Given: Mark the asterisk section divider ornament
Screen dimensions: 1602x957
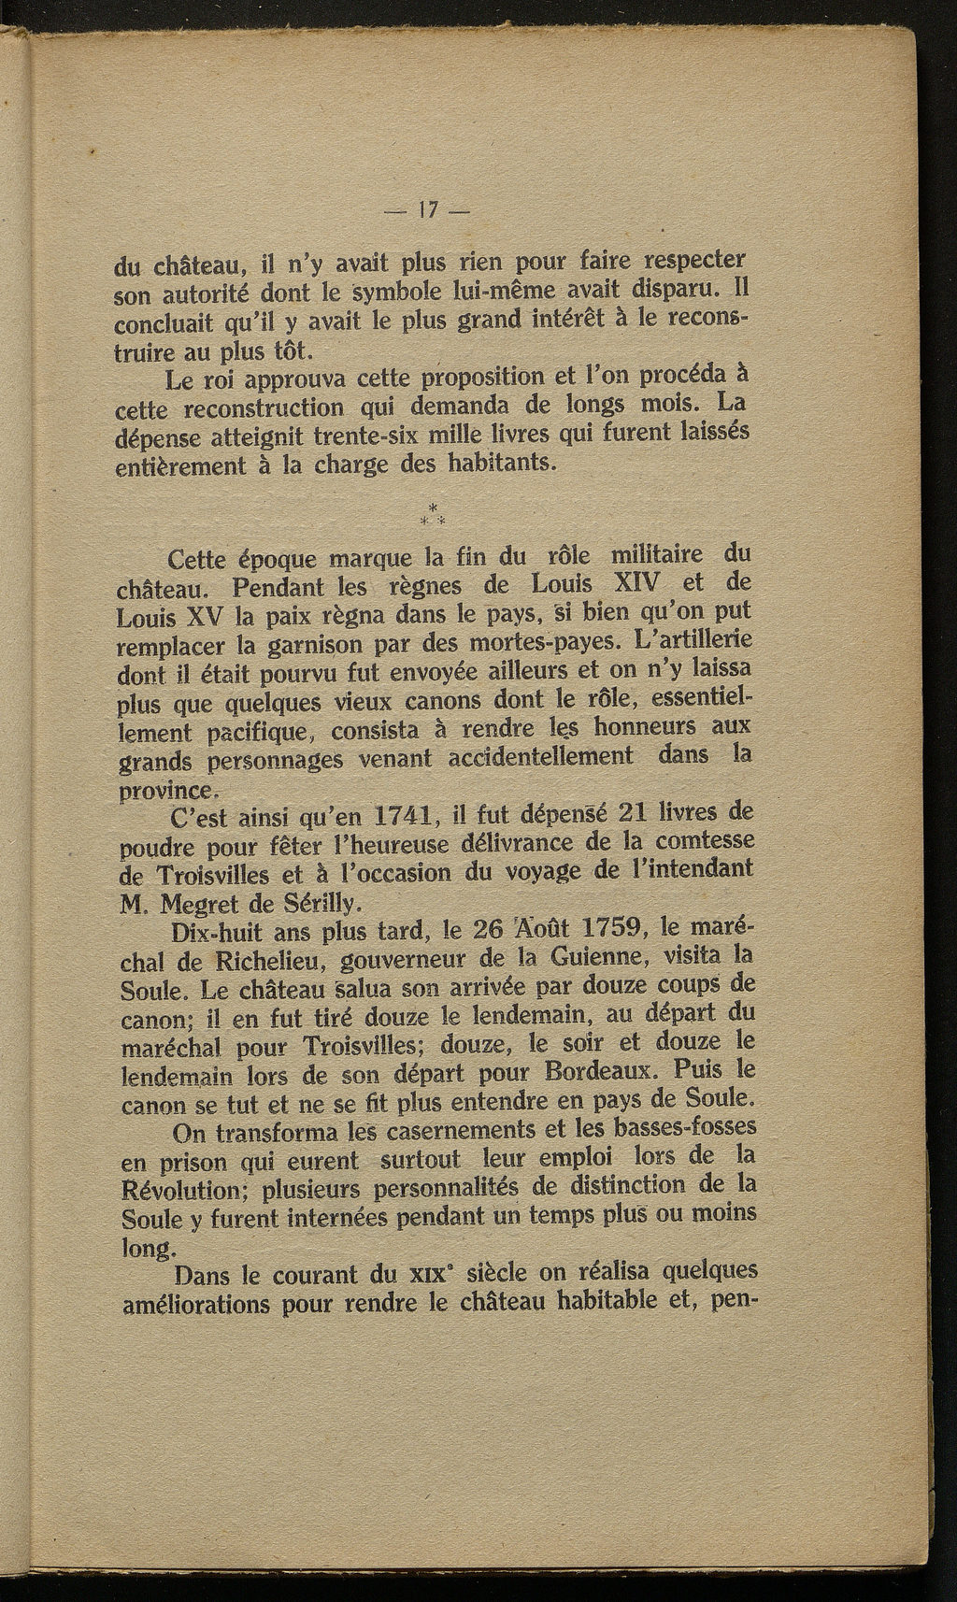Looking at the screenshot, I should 432,512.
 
